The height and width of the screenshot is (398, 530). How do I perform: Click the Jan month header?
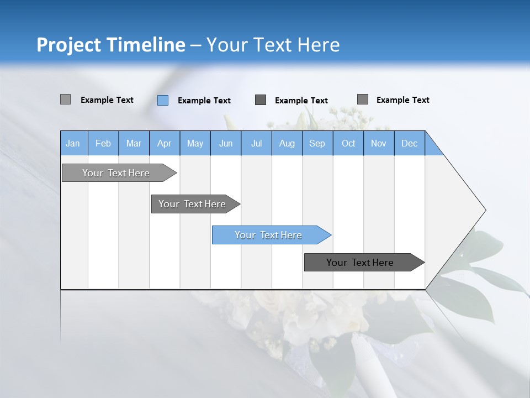tap(73, 143)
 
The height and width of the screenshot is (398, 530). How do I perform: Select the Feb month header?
tap(103, 143)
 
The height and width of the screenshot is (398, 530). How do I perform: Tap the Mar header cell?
tap(134, 143)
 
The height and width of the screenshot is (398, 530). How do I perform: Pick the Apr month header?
tap(165, 143)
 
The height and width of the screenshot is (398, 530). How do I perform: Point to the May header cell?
tap(195, 143)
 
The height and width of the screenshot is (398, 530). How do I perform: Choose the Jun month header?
tap(226, 143)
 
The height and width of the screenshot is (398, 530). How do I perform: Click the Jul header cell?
tap(256, 143)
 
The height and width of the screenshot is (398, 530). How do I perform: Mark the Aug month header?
tap(287, 143)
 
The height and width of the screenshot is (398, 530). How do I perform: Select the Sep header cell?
tap(317, 143)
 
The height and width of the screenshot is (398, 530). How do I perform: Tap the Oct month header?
tap(348, 143)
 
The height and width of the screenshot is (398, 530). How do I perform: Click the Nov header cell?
tap(379, 143)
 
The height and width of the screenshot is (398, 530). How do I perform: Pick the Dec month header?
tap(410, 143)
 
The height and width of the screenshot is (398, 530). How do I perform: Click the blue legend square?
tap(163, 100)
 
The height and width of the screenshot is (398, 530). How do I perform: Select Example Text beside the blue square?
tap(204, 101)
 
